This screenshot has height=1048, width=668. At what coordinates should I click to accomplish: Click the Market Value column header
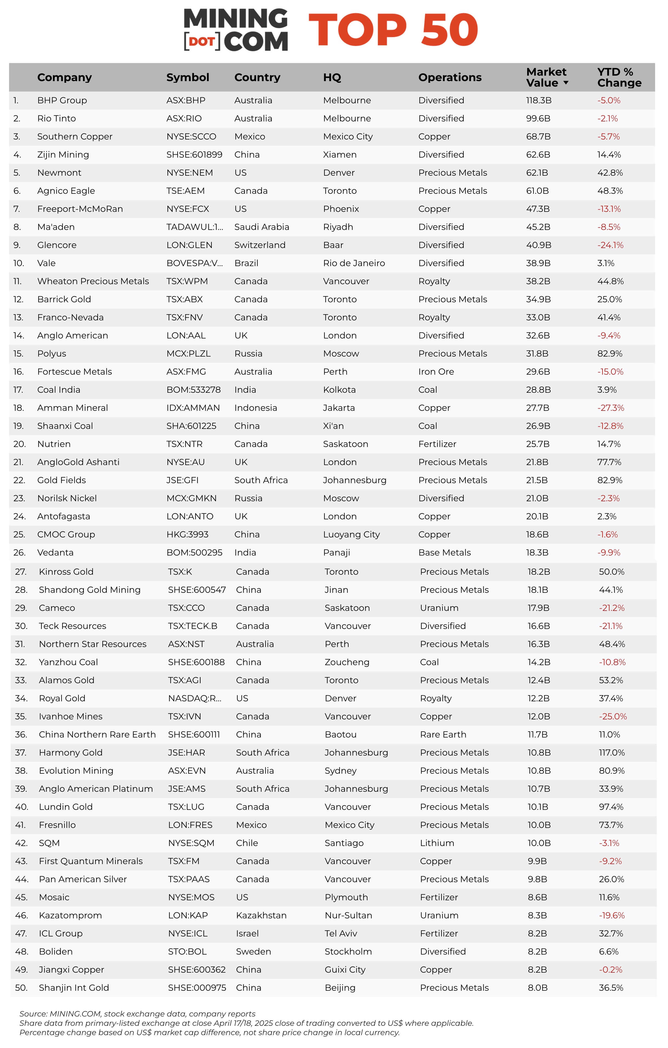click(546, 77)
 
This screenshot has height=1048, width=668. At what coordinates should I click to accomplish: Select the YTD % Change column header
click(619, 77)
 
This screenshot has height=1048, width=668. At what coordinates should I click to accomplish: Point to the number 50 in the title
click(450, 30)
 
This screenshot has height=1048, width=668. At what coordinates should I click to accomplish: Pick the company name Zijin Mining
click(63, 155)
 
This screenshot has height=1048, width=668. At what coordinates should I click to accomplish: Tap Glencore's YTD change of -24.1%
click(610, 245)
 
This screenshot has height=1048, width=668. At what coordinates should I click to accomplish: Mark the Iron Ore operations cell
click(436, 372)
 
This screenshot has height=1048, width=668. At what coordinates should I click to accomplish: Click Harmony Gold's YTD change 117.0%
click(612, 753)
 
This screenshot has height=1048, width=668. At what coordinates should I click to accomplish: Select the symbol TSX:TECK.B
click(192, 626)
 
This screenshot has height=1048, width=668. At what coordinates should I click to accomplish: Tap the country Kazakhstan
click(261, 915)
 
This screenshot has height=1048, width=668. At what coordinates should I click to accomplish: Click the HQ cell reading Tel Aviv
click(341, 933)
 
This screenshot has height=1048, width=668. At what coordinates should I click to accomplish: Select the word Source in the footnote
click(33, 1014)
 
